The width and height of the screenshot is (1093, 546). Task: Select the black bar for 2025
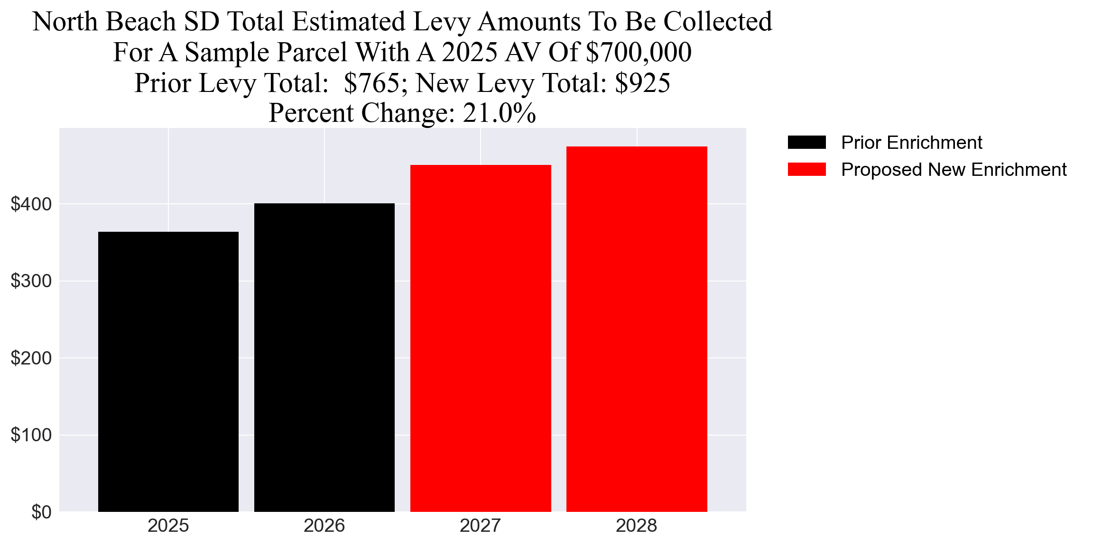(168, 372)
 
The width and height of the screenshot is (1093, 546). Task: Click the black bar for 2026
(324, 357)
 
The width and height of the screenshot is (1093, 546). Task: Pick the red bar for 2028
(636, 329)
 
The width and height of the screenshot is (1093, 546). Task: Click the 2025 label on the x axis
(168, 526)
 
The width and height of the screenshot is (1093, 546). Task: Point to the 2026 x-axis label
(324, 526)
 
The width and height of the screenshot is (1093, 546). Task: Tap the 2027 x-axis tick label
(480, 526)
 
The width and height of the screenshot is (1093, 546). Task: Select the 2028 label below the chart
(636, 526)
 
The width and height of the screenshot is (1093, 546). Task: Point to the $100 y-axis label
(31, 435)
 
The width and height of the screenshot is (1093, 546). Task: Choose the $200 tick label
(31, 358)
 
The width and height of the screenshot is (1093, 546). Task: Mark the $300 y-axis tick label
(31, 281)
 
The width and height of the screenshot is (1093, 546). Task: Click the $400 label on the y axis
(31, 204)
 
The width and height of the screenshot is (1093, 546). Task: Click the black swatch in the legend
(806, 142)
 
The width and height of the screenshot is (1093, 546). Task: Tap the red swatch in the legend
(806, 169)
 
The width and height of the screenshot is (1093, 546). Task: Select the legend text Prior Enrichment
(911, 142)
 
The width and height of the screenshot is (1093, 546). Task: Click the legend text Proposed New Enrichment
(954, 169)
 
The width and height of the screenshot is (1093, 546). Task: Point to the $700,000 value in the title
(639, 52)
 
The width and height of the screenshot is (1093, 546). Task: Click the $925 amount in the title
(642, 83)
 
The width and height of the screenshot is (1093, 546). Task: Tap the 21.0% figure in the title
(499, 113)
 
